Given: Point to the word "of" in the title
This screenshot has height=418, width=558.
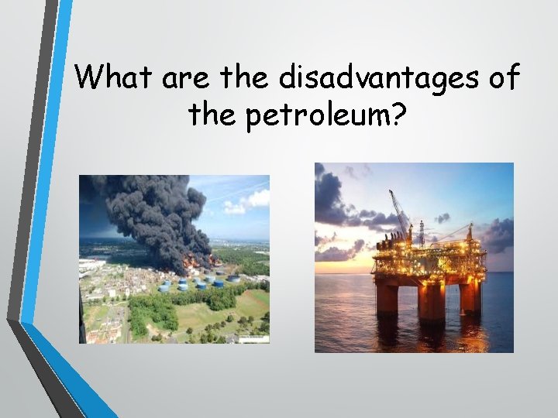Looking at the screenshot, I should (x=501, y=77).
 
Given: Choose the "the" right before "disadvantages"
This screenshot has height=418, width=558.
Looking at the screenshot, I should (x=245, y=77).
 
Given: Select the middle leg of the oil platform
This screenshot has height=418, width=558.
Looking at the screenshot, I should (x=430, y=301).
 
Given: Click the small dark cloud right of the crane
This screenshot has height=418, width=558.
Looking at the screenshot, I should (x=442, y=218).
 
